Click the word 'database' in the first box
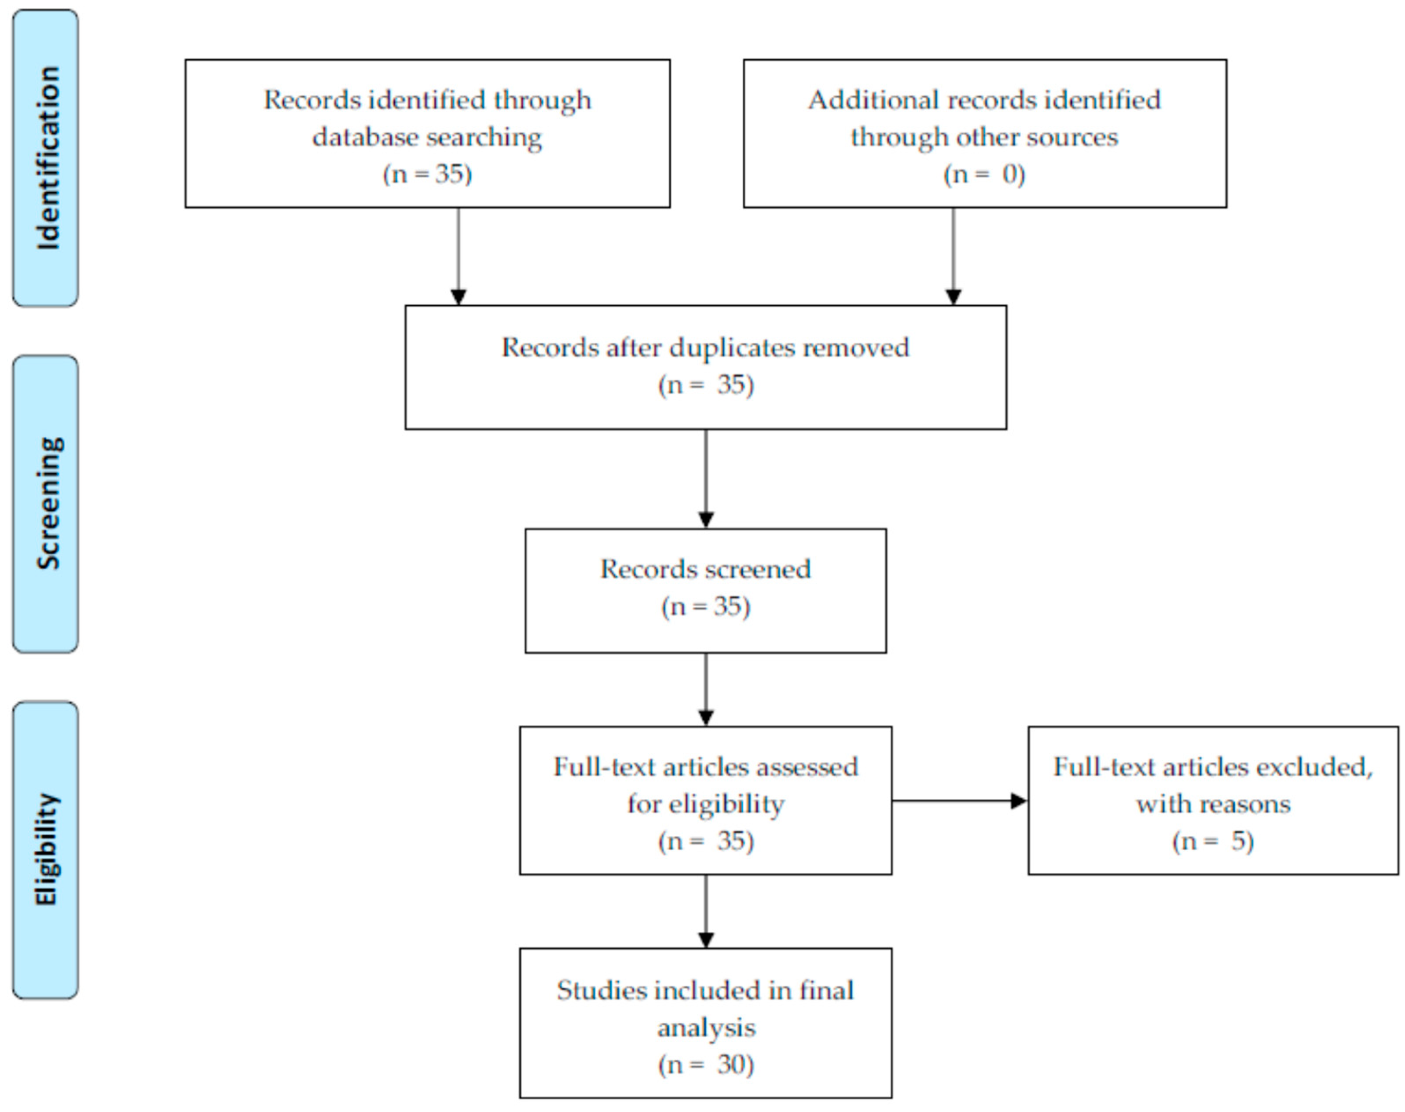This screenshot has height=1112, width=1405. coord(365,137)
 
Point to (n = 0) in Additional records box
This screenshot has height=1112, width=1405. coord(984,175)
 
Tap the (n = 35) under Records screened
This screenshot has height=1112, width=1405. coord(705,607)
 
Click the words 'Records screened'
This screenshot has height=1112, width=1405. coord(705,570)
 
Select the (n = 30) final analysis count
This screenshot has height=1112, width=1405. coord(705,1065)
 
